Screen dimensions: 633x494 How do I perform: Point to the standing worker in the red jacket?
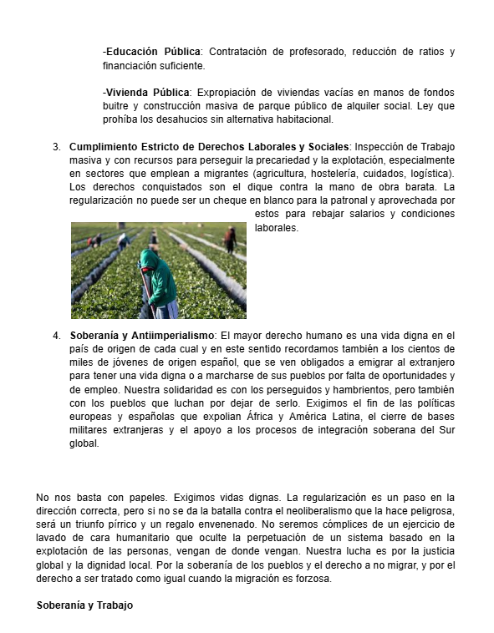coord(230,239)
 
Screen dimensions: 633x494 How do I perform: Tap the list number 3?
coord(56,146)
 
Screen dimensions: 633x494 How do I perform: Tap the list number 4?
coord(56,336)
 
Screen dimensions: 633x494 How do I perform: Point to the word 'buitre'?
coord(117,106)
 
